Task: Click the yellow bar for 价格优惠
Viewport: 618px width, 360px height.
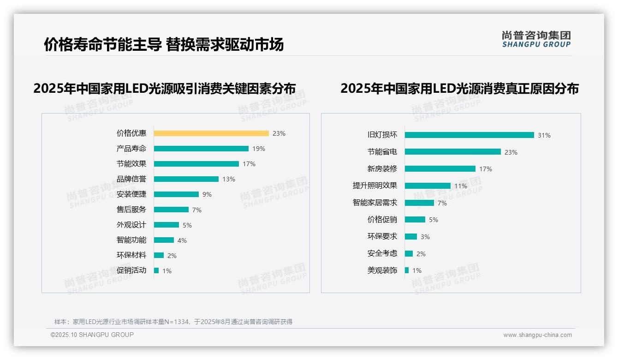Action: click(211, 133)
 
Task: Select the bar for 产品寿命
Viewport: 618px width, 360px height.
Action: click(201, 149)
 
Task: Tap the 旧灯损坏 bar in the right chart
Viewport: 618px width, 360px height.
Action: click(469, 135)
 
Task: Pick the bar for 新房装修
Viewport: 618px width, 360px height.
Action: click(440, 169)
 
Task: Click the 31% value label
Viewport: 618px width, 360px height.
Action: click(544, 135)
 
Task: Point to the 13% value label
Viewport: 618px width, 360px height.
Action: click(229, 179)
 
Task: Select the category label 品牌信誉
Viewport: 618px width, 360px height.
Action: click(131, 179)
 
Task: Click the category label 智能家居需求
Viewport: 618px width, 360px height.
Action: click(374, 203)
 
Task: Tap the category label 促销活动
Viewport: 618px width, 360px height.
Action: click(131, 270)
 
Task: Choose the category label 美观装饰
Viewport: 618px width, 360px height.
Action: click(382, 270)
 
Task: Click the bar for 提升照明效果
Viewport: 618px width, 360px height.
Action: click(428, 186)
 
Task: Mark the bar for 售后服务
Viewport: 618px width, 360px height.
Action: click(171, 210)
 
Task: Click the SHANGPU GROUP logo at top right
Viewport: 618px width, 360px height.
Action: click(536, 39)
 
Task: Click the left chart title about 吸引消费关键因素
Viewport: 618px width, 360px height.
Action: click(164, 88)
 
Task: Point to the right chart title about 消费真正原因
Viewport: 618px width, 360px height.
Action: click(459, 88)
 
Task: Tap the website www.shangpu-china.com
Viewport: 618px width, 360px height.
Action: click(537, 335)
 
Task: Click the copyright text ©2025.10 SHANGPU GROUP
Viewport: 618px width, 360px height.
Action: click(92, 335)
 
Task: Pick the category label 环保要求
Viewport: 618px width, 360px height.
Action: click(382, 236)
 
